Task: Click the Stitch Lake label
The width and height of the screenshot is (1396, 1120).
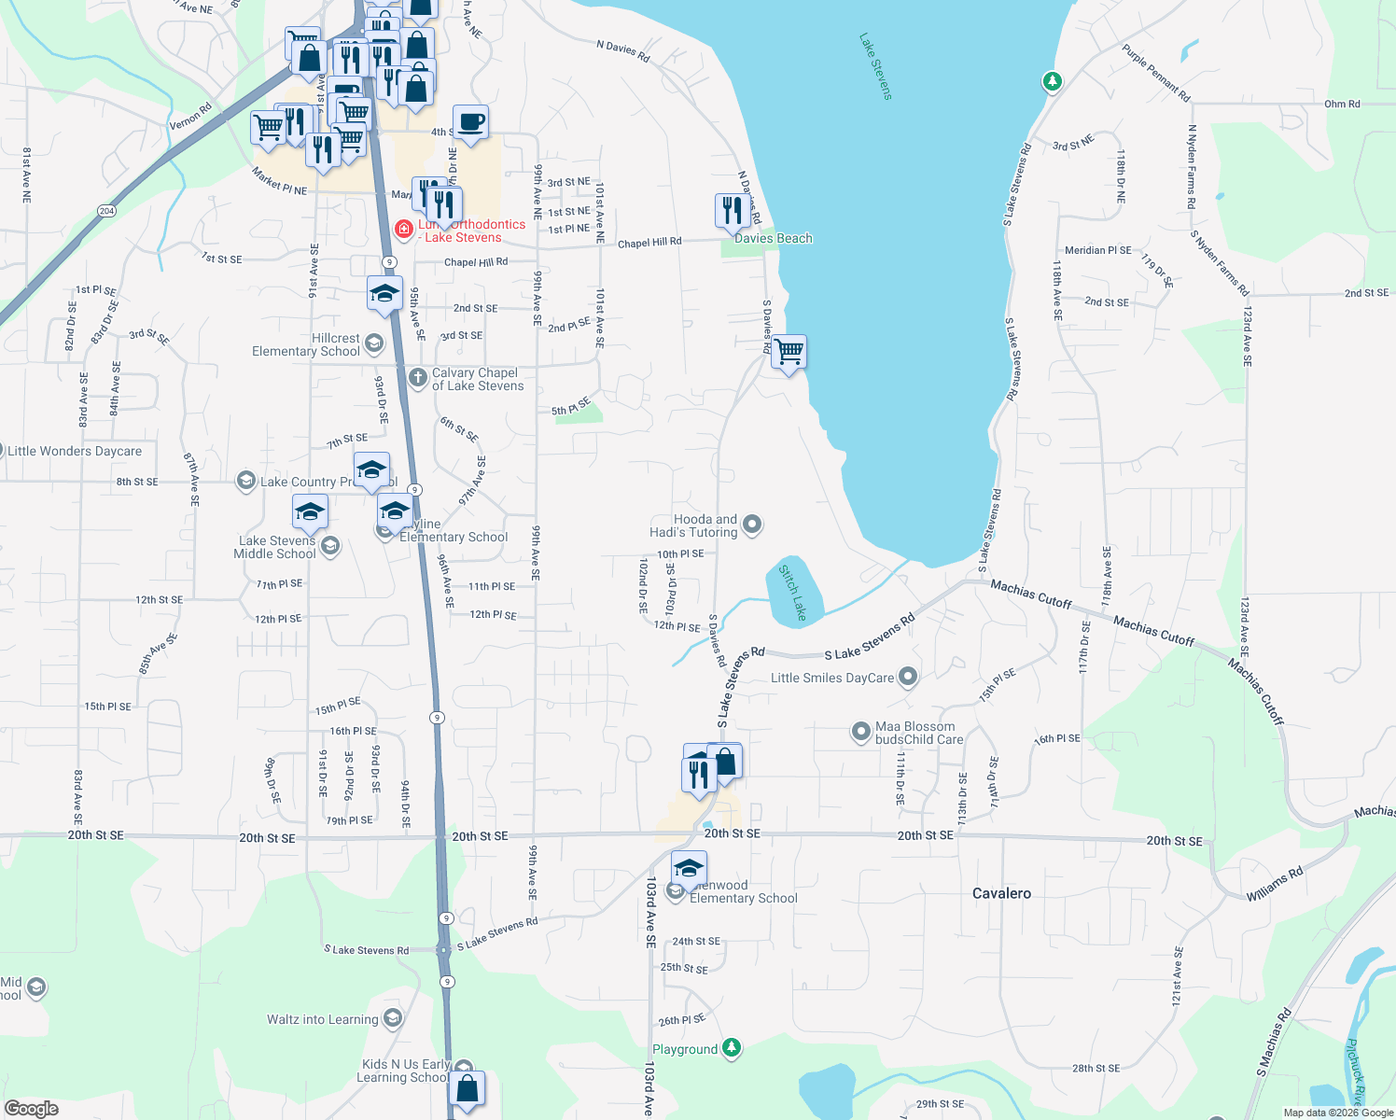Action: (x=793, y=592)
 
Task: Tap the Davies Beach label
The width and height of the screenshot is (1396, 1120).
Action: (x=773, y=238)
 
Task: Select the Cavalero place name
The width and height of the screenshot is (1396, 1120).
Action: (x=1001, y=893)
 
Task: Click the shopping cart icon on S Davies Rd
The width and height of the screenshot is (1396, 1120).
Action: (x=789, y=353)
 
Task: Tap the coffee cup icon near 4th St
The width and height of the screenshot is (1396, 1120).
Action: (x=470, y=122)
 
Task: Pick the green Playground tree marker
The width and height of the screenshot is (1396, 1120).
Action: (x=733, y=1048)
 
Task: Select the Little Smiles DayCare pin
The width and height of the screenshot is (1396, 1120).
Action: (x=908, y=678)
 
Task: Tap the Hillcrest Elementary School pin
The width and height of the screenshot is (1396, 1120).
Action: (x=374, y=344)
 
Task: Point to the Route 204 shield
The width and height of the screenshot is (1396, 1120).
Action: (x=106, y=211)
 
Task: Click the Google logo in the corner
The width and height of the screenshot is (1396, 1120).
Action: (x=32, y=1109)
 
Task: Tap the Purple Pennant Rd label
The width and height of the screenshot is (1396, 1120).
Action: (x=1156, y=73)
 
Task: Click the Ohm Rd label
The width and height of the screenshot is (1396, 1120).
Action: (x=1342, y=104)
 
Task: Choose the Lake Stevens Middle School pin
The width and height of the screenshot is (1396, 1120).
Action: (x=328, y=546)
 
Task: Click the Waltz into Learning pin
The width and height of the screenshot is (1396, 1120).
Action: (x=393, y=1018)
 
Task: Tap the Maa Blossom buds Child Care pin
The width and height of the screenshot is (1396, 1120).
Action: (x=861, y=733)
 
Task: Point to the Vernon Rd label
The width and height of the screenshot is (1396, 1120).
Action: (x=190, y=117)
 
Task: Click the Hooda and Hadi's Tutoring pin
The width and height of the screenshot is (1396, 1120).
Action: (x=752, y=525)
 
